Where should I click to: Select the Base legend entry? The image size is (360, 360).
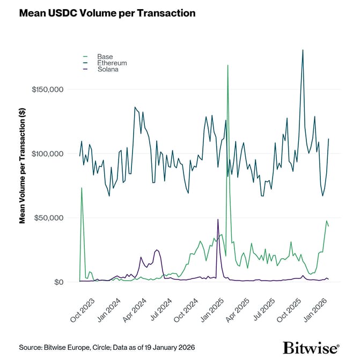coord(105,56)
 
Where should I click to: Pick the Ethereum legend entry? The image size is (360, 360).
coord(109,63)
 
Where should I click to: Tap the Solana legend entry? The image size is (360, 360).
coord(107,69)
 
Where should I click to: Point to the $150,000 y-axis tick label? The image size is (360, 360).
coord(48,89)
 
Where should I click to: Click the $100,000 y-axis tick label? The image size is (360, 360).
coord(48,153)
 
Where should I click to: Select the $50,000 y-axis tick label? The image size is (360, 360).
coord(50,218)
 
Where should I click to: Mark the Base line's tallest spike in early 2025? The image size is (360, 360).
coord(228,65)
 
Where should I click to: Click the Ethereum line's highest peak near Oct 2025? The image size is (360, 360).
coord(303,50)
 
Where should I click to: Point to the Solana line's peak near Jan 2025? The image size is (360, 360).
coord(218,219)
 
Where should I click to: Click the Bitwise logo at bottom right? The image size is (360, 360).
coord(311,346)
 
